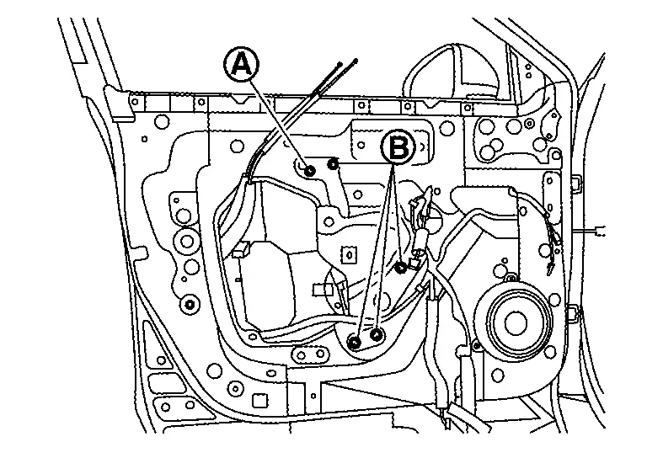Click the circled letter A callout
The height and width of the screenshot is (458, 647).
pos(241,65)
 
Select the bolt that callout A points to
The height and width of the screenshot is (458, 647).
pos(310,171)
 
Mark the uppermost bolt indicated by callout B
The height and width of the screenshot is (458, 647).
pos(401,268)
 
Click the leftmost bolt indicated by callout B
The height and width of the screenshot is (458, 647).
pos(355,340)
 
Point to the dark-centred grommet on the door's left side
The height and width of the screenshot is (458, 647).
pos(190,304)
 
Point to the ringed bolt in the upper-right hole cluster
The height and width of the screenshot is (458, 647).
pos(487,130)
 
